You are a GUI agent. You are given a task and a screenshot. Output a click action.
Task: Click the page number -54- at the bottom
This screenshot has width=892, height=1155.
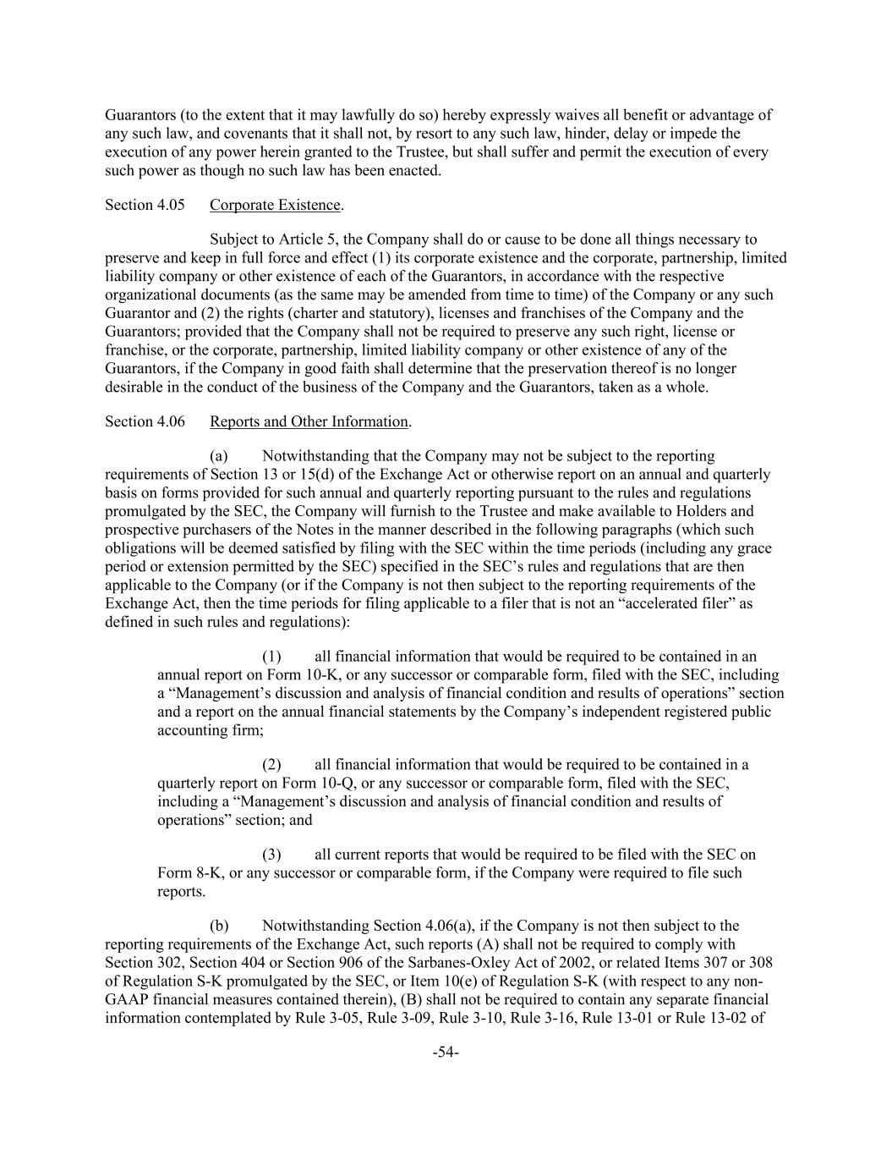[445, 1052]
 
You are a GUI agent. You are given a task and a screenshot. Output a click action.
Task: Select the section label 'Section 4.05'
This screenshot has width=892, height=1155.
[145, 205]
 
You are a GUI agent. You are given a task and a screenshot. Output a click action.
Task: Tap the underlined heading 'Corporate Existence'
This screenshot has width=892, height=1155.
[275, 205]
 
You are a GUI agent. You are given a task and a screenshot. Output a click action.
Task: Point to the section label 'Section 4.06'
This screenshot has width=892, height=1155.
[145, 421]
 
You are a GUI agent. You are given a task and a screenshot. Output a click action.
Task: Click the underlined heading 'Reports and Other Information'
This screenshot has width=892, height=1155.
[309, 421]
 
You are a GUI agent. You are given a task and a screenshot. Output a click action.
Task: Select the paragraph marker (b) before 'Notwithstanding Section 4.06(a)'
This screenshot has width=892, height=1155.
[219, 925]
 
